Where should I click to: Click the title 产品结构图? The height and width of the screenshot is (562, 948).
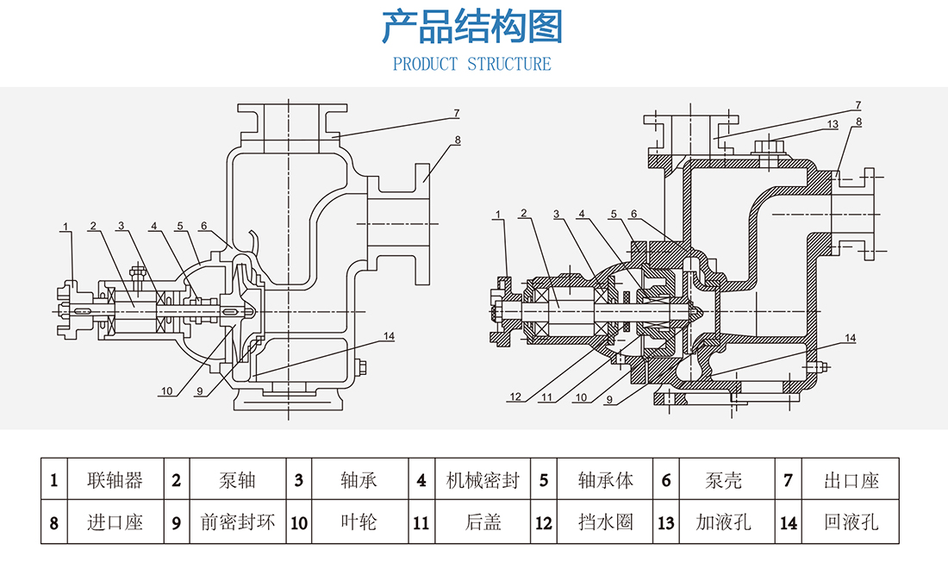click(x=472, y=28)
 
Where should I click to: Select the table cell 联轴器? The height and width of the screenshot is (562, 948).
click(x=115, y=480)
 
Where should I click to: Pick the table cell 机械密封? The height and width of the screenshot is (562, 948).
click(x=482, y=480)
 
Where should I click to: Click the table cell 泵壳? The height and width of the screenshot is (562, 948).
click(x=723, y=480)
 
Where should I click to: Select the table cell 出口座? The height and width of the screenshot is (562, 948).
click(x=851, y=480)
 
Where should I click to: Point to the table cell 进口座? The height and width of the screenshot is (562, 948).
click(x=115, y=522)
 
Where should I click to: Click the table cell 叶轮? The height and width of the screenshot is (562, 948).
click(x=359, y=522)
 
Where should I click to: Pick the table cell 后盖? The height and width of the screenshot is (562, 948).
click(x=482, y=522)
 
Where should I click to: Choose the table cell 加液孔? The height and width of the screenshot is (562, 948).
click(x=723, y=522)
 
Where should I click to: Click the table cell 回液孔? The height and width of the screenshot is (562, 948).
click(x=851, y=522)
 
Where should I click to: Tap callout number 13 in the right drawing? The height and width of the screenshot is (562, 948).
click(x=832, y=124)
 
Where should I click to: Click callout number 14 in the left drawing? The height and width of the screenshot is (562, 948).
click(x=389, y=335)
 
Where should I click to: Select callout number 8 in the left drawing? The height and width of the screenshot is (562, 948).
click(x=458, y=139)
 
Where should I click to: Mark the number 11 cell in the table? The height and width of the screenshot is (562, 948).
click(x=421, y=522)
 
